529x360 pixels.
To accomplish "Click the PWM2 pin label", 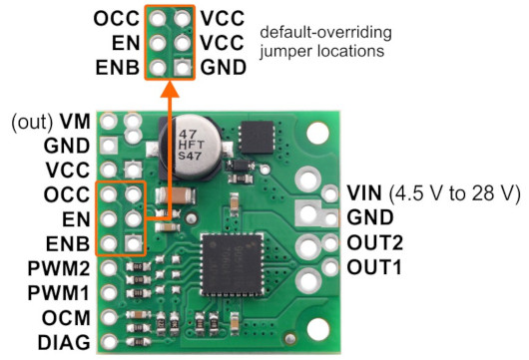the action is click(x=59, y=268).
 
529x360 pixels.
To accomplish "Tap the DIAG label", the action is click(x=64, y=343).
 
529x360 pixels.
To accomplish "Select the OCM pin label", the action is click(x=66, y=318).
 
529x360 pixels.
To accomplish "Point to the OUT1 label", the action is click(x=374, y=267).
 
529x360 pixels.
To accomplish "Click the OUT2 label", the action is click(x=375, y=242).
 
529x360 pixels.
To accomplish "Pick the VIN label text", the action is click(x=364, y=192).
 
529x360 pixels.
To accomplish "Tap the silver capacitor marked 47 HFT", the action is click(x=191, y=146).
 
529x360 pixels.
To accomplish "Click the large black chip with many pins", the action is click(x=233, y=264).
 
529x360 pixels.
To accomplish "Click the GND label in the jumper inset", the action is click(x=223, y=68).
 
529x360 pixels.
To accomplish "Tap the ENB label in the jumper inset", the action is click(x=118, y=68).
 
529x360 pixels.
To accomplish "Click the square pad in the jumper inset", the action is click(x=183, y=68).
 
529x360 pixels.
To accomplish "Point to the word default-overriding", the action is click(x=326, y=33).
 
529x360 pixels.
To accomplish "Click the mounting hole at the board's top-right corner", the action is click(x=317, y=133).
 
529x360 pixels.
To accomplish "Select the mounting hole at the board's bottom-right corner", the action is click(x=317, y=329).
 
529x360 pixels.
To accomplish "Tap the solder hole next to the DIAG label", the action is click(x=109, y=342).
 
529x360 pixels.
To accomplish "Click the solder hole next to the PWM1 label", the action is click(x=109, y=292).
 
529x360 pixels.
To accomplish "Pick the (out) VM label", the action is click(x=51, y=122).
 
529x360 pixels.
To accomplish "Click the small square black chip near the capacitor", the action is click(x=257, y=138).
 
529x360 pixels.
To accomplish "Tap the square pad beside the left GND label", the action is click(x=109, y=146).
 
